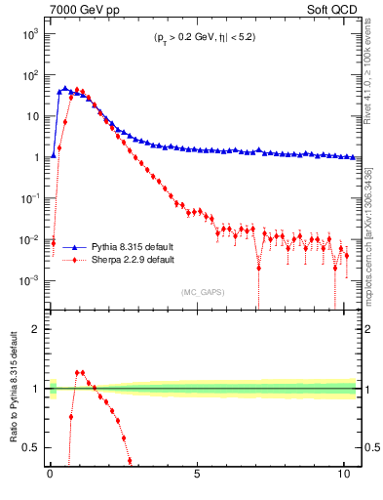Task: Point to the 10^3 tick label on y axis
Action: tap(29, 33)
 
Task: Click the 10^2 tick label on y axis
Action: tap(29, 74)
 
